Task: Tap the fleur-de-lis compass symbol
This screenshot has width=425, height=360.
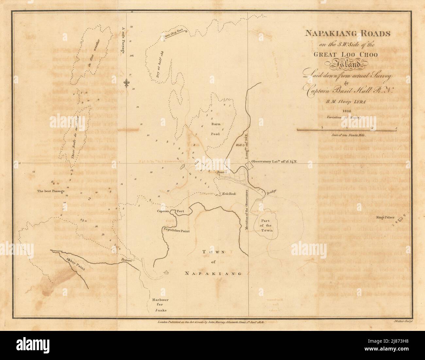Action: tap(127, 83)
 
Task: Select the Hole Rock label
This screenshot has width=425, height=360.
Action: tap(229, 194)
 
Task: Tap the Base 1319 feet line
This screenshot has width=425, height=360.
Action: tap(175, 34)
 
